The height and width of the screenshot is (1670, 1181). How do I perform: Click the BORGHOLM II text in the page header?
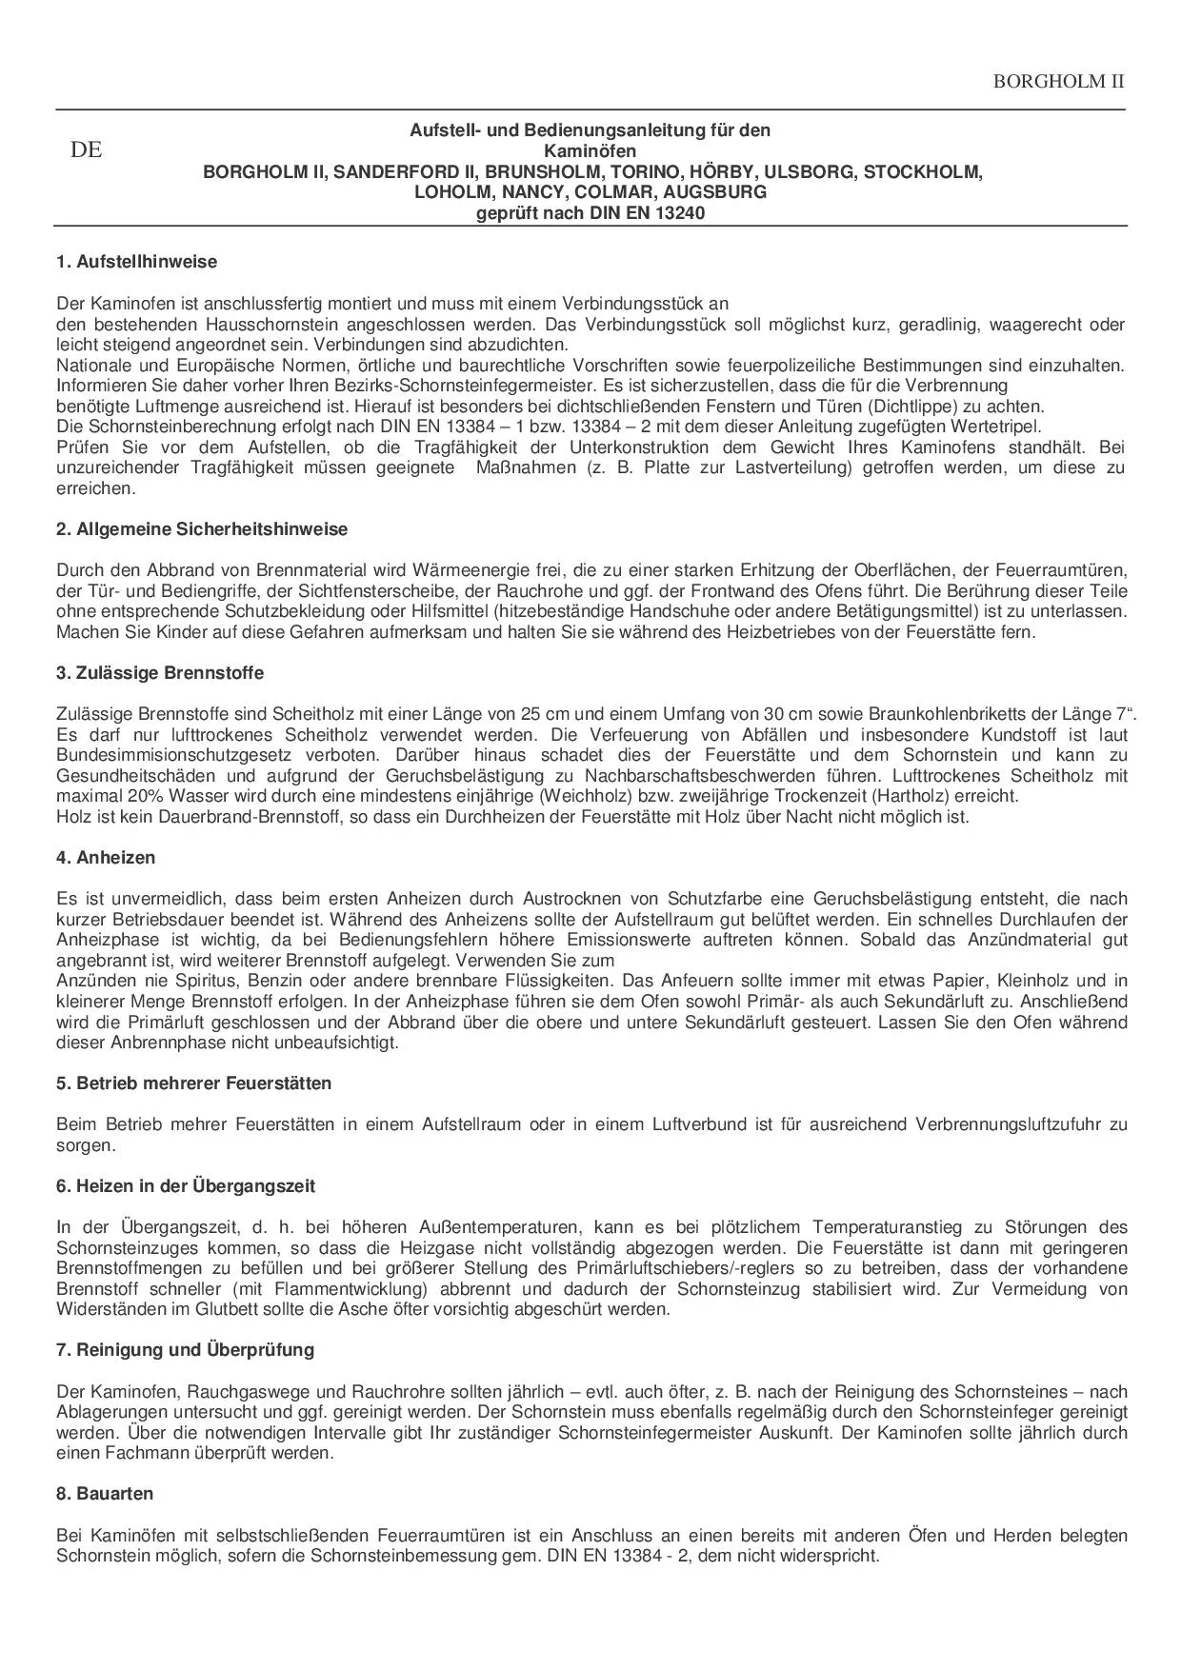point(1058,81)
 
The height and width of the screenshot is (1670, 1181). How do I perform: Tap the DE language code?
point(86,150)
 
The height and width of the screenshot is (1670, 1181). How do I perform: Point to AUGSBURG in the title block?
point(714,192)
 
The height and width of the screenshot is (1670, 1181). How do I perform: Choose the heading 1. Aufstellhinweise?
point(136,262)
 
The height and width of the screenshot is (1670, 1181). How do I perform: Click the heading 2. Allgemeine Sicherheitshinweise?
point(202,529)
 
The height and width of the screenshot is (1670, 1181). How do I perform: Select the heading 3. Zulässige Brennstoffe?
point(160,673)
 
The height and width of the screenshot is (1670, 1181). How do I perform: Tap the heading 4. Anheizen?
point(106,858)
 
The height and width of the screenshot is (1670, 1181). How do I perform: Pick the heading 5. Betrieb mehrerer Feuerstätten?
point(194,1084)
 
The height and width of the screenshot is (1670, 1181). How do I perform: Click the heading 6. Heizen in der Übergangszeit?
point(186,1186)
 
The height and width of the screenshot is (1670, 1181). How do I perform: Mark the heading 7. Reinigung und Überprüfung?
point(185,1350)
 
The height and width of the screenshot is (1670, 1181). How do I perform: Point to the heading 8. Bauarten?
point(105,1494)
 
